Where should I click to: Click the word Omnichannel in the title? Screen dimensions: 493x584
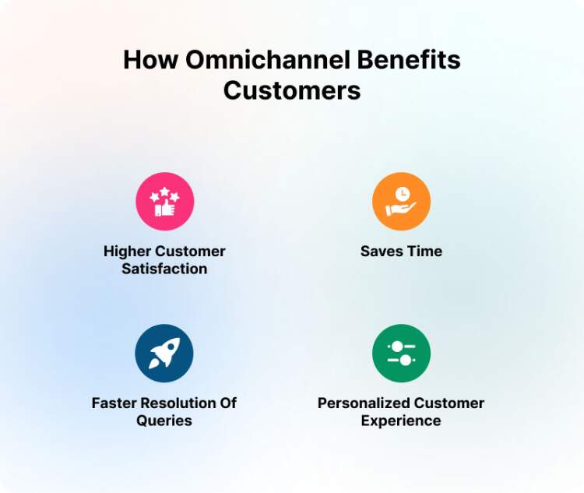coord(264,60)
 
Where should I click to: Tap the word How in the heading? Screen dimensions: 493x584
coord(150,60)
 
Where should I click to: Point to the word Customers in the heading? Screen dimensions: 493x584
coord(292,90)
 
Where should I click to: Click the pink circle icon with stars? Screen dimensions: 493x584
coord(164,202)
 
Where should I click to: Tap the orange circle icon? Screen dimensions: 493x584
coord(401,202)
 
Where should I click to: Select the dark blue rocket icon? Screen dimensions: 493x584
coord(164,354)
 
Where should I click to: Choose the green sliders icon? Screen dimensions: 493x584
coord(401,354)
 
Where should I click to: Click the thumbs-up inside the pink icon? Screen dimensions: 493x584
coord(164,209)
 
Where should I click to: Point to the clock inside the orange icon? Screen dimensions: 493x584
coord(403,194)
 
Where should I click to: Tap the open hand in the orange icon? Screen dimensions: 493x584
coord(400,210)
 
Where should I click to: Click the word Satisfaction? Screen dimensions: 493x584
coord(164,269)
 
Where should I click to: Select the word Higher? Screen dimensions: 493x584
coord(128,252)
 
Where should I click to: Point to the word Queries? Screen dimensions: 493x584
coord(164,421)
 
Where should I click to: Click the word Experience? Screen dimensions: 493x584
coord(401,421)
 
